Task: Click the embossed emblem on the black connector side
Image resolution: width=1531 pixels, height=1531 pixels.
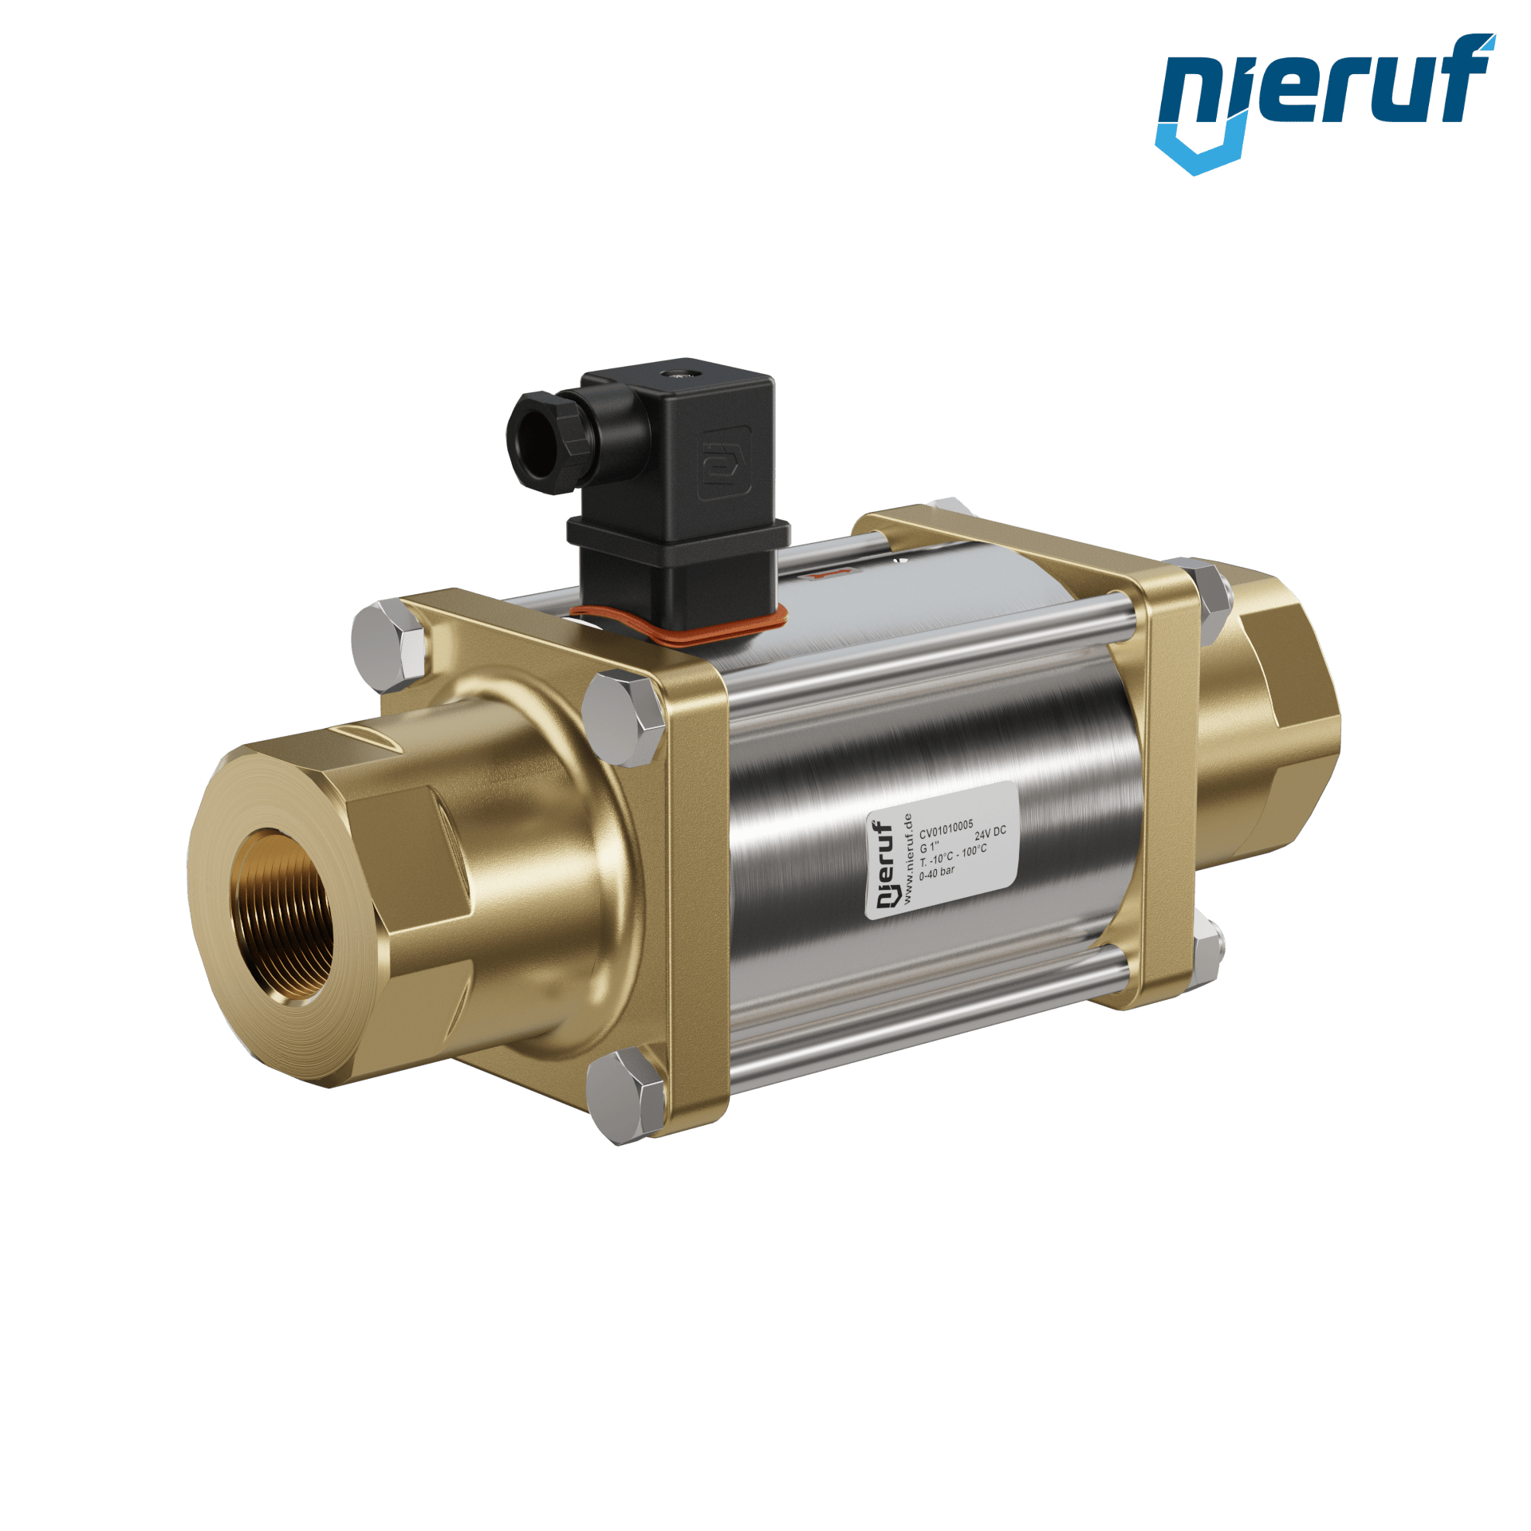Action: (x=724, y=462)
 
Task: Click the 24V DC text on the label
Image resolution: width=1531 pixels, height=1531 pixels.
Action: (x=990, y=833)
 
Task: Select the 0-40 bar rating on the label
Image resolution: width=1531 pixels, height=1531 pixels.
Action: (x=936, y=873)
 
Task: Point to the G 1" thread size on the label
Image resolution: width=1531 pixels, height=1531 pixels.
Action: (x=930, y=846)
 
